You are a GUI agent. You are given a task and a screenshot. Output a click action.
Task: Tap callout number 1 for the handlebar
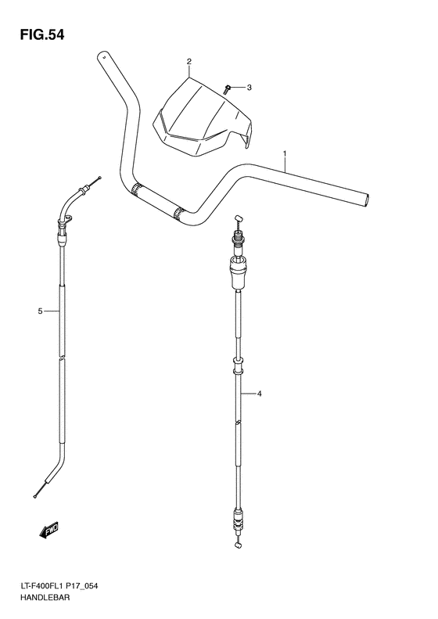point(285,153)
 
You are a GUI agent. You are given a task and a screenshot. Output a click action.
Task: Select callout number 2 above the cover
point(188,61)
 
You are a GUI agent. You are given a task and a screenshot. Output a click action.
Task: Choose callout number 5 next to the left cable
point(39,312)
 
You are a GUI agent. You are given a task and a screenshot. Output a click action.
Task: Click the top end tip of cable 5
point(99,179)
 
